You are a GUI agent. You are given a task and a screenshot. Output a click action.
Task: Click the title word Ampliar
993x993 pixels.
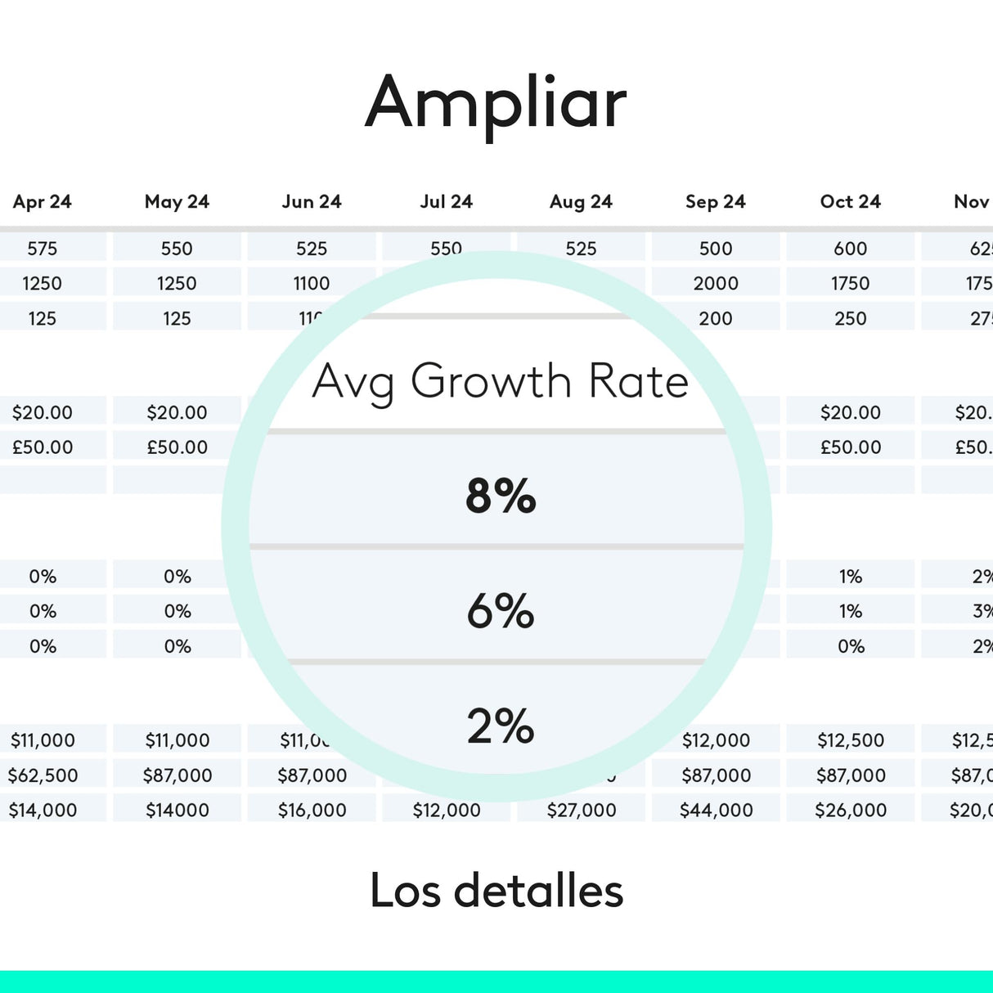[x=496, y=103]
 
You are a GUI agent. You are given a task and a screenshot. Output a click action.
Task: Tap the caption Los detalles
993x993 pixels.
[x=496, y=890]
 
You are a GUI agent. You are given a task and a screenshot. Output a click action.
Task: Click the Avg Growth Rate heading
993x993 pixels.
[x=500, y=381]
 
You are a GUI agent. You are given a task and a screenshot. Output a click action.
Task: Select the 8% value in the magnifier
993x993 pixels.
[x=501, y=496]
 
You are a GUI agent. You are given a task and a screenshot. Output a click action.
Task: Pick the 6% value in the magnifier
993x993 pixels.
[x=501, y=611]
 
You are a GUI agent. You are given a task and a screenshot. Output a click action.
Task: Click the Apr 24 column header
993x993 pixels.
[x=43, y=202]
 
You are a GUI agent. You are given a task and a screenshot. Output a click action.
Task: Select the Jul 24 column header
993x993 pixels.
[x=447, y=202]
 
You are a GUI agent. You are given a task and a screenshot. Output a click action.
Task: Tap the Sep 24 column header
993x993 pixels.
[x=716, y=202]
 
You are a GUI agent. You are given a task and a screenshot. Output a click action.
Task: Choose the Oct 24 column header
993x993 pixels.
[x=851, y=202]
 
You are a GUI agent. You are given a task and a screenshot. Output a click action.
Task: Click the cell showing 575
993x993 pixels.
[x=43, y=249]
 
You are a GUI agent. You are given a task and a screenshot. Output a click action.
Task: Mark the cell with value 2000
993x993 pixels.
[x=716, y=284]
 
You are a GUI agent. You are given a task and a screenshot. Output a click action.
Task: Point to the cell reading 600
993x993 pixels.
[x=851, y=249]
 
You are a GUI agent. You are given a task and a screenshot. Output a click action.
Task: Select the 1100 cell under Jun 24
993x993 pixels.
[x=312, y=284]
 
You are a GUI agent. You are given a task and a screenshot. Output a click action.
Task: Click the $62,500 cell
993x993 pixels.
[x=43, y=775]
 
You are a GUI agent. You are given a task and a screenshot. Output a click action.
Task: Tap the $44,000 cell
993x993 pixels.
[x=716, y=811]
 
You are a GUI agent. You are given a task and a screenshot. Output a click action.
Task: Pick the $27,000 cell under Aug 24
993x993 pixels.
[x=582, y=811]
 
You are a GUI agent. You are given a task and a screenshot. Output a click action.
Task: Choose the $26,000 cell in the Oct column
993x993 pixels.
[x=851, y=811]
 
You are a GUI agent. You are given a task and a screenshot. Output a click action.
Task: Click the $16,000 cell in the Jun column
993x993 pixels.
[x=312, y=811]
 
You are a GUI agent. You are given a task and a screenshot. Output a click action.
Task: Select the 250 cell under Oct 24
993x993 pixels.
[x=851, y=319]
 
